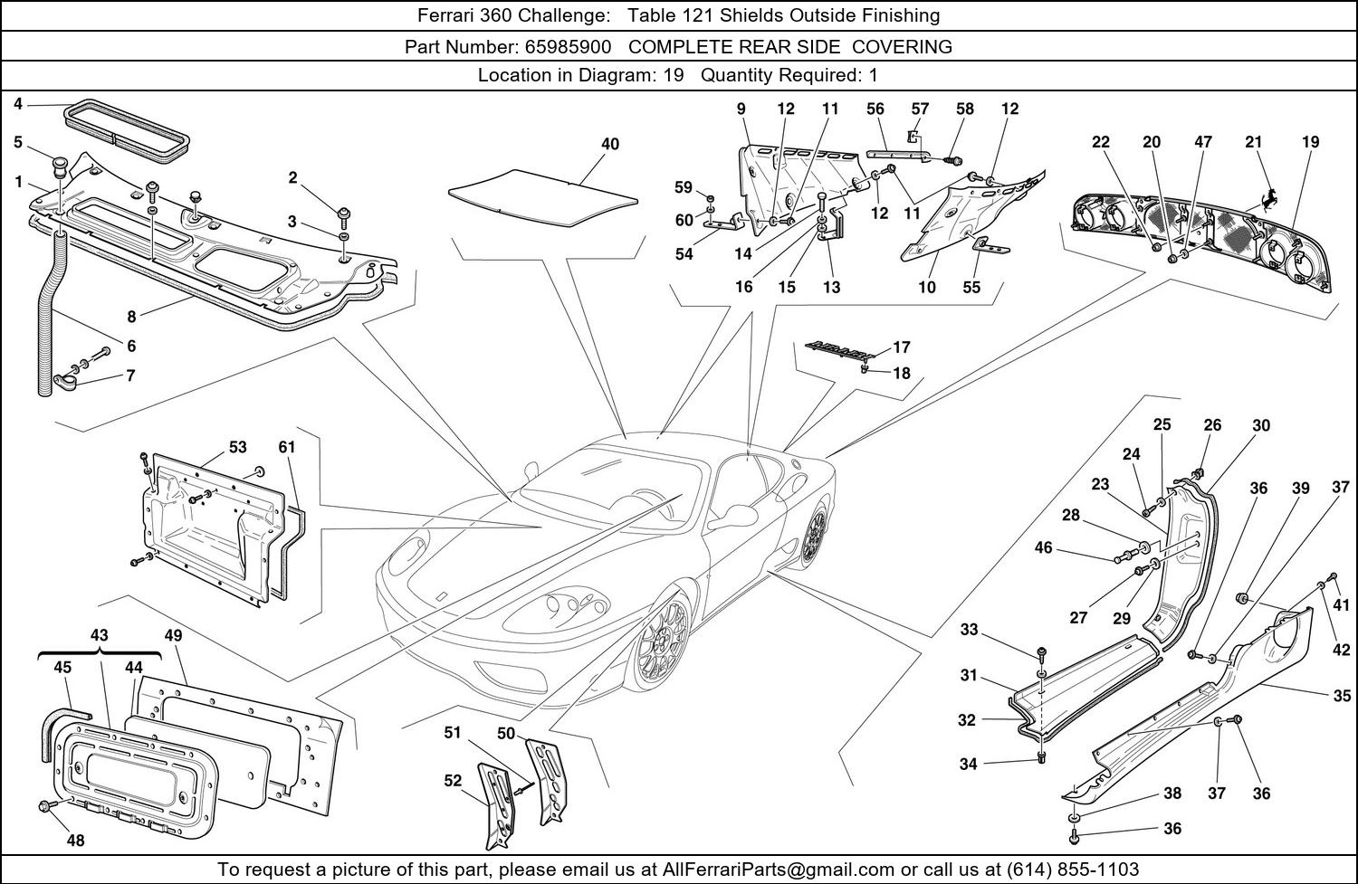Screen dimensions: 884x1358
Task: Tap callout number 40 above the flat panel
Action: coord(610,144)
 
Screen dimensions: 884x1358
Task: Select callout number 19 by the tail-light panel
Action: coord(1311,142)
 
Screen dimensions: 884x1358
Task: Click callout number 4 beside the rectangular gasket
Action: coord(18,105)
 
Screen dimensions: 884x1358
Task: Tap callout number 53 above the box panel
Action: coord(237,447)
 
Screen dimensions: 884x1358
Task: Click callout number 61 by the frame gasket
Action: coord(287,447)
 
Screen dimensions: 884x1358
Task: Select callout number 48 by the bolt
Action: coord(75,841)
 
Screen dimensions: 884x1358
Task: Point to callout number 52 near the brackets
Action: coord(453,782)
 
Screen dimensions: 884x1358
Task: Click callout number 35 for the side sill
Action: coord(1342,696)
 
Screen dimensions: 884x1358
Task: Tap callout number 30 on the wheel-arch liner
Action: coord(1261,426)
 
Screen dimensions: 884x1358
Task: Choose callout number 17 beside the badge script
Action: coord(902,347)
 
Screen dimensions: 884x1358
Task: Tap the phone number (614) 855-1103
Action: coord(1072,870)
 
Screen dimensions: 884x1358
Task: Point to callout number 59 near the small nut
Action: coord(683,188)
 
